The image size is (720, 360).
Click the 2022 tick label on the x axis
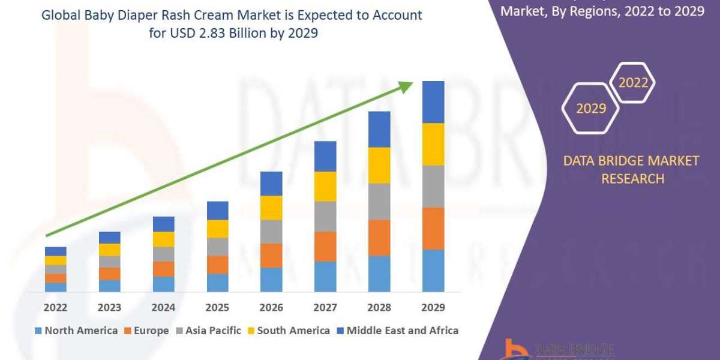56,307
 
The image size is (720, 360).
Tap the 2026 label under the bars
271,307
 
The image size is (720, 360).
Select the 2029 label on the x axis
433,307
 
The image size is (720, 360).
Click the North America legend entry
76,331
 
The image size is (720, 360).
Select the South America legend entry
288,331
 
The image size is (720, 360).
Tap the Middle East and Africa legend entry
397,331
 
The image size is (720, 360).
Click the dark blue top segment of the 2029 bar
433,102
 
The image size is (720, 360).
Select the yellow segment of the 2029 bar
433,144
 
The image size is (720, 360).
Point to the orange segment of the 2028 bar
379,238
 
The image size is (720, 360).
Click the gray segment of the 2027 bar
325,216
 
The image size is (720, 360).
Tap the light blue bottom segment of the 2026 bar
271,280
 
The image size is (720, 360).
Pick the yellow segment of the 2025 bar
217,229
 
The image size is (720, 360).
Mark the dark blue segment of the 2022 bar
56,251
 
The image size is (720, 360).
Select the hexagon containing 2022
632,83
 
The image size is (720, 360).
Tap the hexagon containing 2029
590,108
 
